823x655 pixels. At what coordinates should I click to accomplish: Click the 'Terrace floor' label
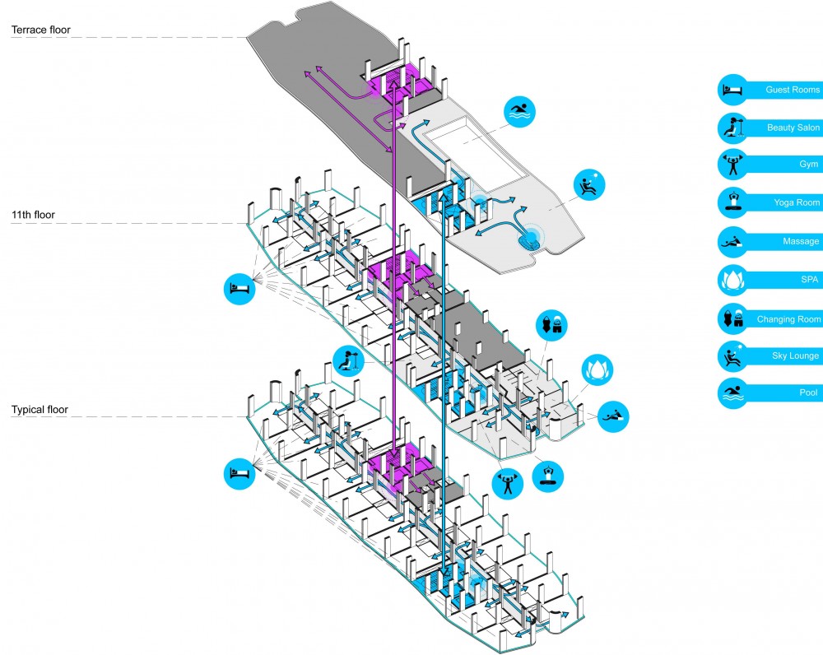[41, 30]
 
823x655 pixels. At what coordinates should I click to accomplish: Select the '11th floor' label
[33, 215]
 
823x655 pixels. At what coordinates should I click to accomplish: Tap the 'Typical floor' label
[40, 410]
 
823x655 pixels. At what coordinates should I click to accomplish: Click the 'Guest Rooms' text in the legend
[792, 90]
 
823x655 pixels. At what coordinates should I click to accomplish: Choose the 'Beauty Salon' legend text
[793, 128]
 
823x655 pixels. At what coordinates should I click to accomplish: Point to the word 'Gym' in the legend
[808, 165]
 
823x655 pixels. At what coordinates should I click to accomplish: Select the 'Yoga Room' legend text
[796, 202]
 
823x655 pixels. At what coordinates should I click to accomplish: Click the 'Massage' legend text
[801, 241]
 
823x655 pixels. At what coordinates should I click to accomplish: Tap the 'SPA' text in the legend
[809, 279]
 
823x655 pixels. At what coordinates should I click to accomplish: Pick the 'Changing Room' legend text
[788, 319]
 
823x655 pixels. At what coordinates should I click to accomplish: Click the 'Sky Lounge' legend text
[795, 355]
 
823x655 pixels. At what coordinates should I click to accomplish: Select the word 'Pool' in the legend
[808, 393]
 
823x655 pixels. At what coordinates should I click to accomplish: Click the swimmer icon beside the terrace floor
[519, 112]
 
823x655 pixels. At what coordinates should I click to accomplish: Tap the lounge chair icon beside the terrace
[589, 185]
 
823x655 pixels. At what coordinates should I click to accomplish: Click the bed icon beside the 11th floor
[239, 289]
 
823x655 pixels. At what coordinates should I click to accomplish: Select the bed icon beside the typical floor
[239, 474]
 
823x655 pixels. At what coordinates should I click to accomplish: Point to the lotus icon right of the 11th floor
[597, 369]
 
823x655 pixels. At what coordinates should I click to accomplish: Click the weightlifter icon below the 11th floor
[508, 483]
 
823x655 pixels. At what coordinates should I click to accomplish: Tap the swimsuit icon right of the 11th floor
[551, 325]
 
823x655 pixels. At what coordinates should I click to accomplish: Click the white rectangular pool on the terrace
[476, 155]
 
